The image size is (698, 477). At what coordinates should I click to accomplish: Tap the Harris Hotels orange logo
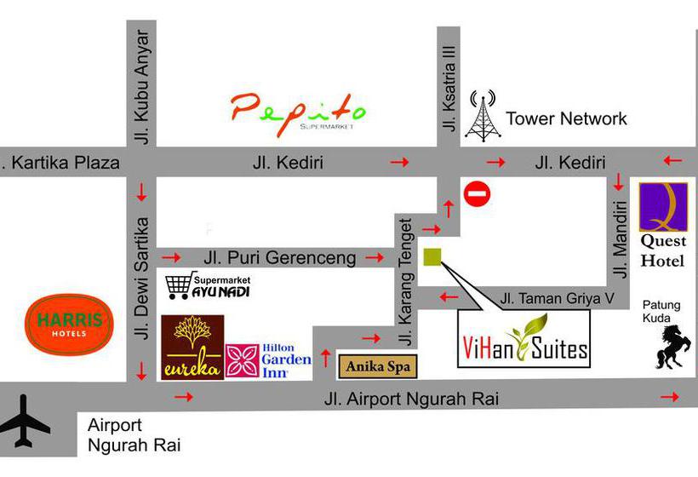click(70, 323)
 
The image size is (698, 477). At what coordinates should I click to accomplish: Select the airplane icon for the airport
click(26, 420)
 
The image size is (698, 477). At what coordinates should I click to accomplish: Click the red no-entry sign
click(478, 193)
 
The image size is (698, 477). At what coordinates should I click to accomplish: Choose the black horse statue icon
click(672, 346)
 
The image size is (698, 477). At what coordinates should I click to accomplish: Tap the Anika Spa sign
click(377, 366)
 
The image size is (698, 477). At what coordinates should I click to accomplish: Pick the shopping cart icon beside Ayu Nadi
click(178, 286)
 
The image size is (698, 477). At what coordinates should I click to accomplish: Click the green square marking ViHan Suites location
click(432, 256)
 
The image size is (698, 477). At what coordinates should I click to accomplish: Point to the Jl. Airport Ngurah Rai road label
click(411, 398)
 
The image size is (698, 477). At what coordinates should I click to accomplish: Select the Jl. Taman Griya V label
click(557, 298)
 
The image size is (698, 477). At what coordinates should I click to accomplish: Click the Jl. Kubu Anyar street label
click(141, 86)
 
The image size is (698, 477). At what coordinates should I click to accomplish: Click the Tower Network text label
click(566, 118)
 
